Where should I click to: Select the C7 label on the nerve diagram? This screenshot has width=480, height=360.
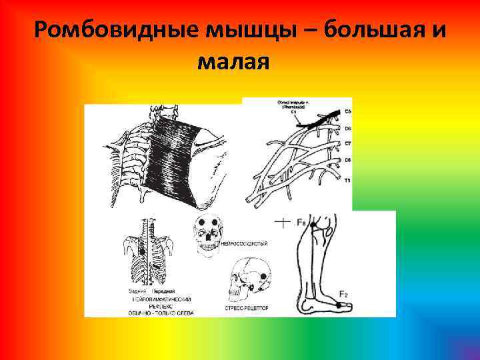pyautogui.click(x=347, y=144)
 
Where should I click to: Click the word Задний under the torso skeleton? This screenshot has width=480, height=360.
pyautogui.click(x=138, y=291)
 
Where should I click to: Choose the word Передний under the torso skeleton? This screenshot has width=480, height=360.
pyautogui.click(x=165, y=291)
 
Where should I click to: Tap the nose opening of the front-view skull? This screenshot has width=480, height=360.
pyautogui.click(x=208, y=235)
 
